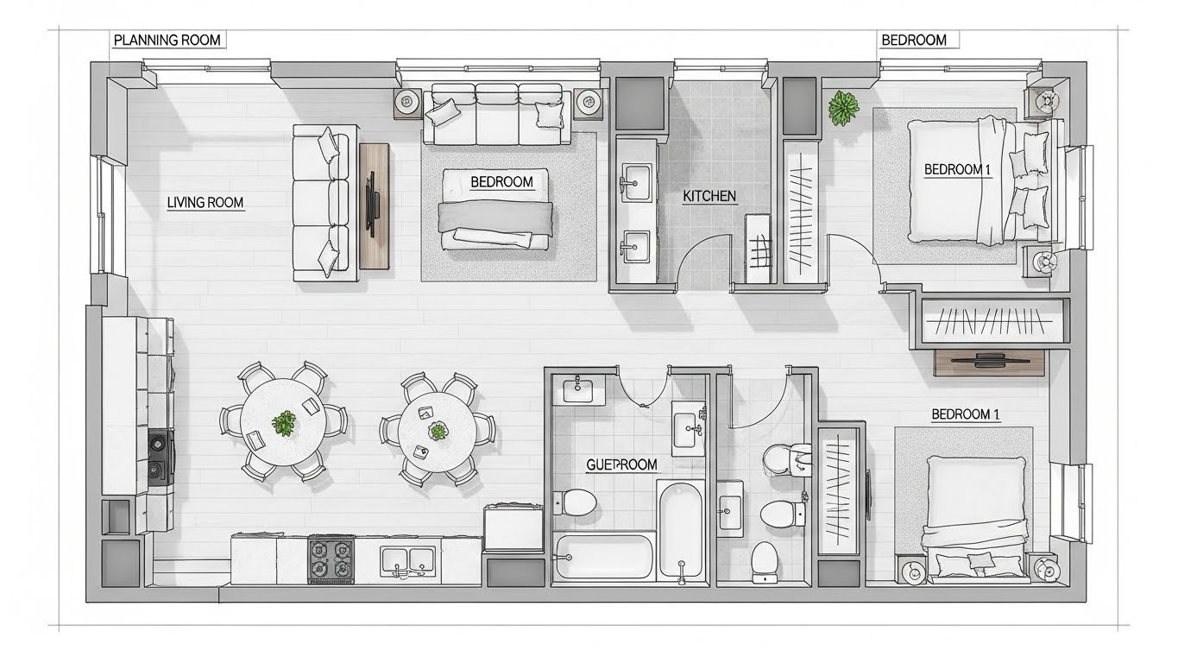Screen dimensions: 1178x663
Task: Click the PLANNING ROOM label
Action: point(167,40)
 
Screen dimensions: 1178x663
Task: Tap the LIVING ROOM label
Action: point(205,203)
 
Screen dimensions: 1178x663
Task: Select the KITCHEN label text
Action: point(709,196)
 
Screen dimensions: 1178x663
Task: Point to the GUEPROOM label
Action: point(621,464)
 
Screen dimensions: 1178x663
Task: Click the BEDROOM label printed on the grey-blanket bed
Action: point(501,182)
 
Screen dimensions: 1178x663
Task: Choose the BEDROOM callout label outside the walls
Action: point(914,40)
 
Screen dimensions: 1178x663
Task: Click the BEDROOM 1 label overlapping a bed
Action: point(957,169)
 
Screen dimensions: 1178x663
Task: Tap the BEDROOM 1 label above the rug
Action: point(966,414)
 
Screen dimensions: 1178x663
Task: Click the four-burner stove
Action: point(331,559)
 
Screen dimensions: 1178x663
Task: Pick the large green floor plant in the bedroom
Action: point(843,108)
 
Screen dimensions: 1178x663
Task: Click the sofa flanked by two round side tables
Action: point(497,114)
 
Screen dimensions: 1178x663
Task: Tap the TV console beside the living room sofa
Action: point(375,206)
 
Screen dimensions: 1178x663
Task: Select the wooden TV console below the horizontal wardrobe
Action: point(989,363)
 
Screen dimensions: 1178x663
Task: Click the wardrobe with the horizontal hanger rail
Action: point(989,322)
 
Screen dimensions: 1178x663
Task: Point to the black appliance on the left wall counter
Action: point(161,458)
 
